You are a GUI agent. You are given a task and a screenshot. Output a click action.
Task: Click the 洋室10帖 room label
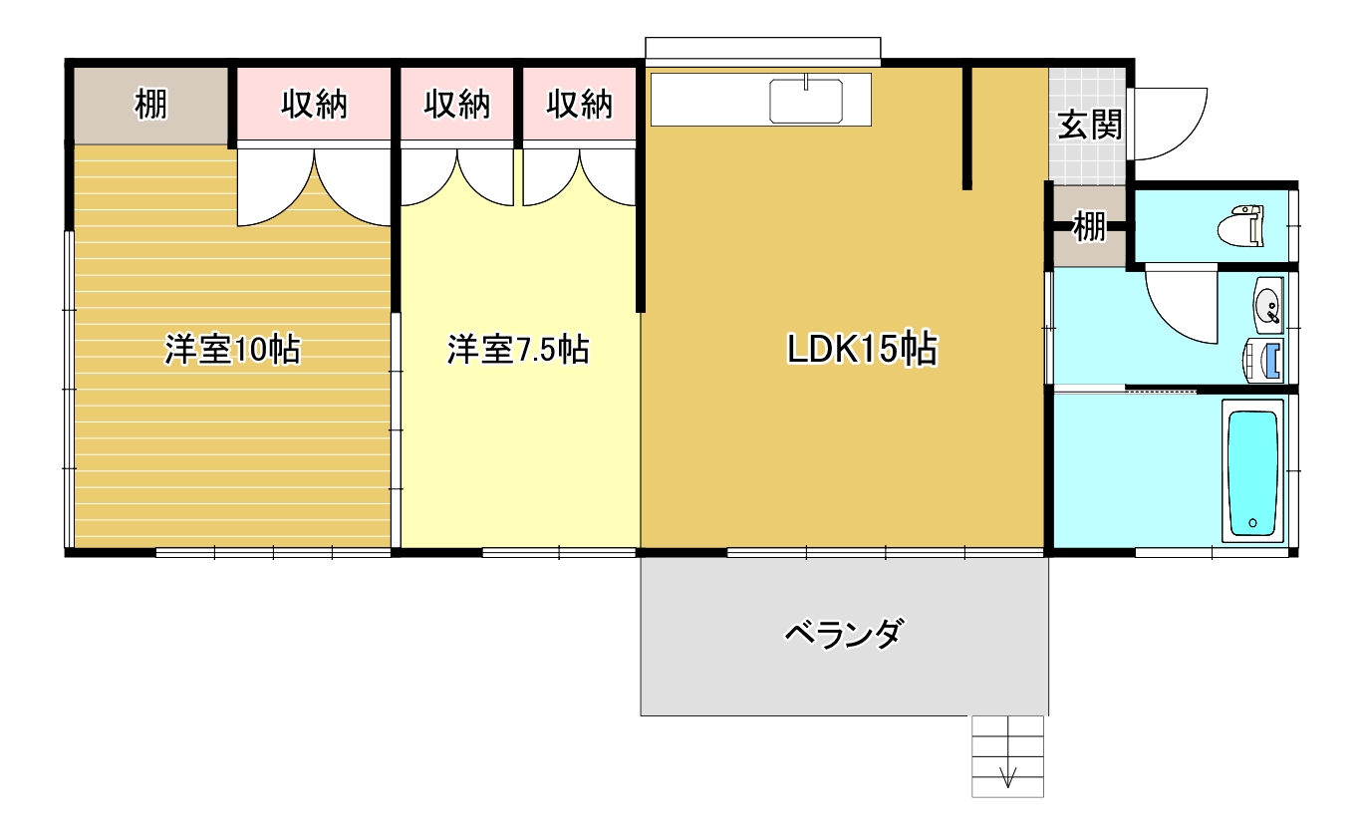pyautogui.click(x=232, y=349)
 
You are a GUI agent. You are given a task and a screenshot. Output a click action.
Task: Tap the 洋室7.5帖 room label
pyautogui.click(x=518, y=349)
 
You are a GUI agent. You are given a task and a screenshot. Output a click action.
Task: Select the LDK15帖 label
pyautogui.click(x=862, y=349)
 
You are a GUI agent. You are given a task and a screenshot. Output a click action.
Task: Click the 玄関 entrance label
pyautogui.click(x=1089, y=125)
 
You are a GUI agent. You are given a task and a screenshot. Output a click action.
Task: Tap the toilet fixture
pyautogui.click(x=1241, y=226)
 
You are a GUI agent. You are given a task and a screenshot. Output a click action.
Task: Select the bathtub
pyautogui.click(x=1252, y=471)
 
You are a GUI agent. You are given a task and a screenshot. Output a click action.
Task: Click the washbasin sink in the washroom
pyautogui.click(x=1268, y=305)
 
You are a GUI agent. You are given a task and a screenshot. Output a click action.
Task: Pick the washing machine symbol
pyautogui.click(x=1262, y=360)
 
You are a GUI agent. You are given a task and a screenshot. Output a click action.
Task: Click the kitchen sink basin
pyautogui.click(x=806, y=102)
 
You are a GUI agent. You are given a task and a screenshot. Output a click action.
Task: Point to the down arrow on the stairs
pyautogui.click(x=1008, y=776)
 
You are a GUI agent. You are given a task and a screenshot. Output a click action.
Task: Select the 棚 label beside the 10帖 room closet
pyautogui.click(x=150, y=104)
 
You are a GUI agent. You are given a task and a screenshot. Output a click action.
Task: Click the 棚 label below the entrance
pyautogui.click(x=1089, y=226)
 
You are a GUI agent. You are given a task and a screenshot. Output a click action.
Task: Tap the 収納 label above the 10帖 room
pyautogui.click(x=314, y=104)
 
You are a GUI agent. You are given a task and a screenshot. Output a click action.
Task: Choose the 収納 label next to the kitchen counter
pyautogui.click(x=579, y=104)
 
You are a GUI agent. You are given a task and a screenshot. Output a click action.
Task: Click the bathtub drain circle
pyautogui.click(x=1252, y=523)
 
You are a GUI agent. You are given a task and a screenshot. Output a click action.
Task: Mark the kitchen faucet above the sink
pyautogui.click(x=806, y=82)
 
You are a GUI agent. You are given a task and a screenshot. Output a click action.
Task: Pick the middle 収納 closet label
pyautogui.click(x=457, y=104)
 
